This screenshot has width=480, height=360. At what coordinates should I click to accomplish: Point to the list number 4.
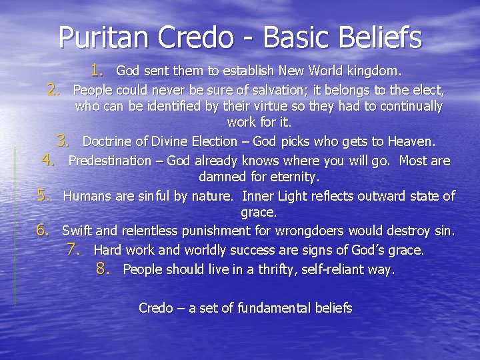[48, 160]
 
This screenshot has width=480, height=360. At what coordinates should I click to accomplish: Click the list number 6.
[43, 231]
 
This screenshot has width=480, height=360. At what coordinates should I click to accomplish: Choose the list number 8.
[103, 269]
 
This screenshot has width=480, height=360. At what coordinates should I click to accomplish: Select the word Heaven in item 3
[411, 141]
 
